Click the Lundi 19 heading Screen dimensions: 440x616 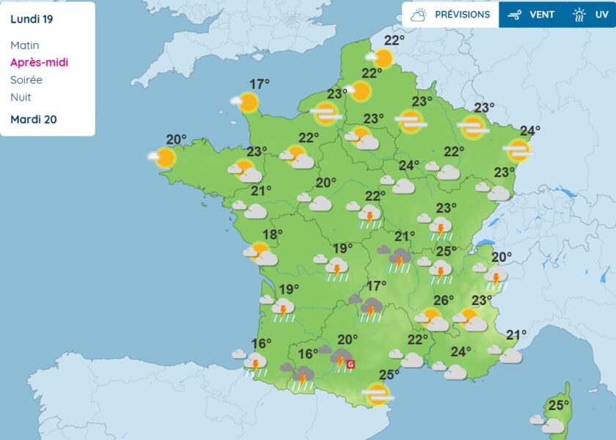(x=32, y=19)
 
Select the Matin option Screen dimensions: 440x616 (x=25, y=45)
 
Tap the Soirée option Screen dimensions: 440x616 (x=26, y=80)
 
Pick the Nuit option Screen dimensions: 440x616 (x=21, y=98)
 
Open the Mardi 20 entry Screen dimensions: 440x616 (x=34, y=119)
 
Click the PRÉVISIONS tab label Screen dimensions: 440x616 (x=462, y=15)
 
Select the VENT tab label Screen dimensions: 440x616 (x=542, y=15)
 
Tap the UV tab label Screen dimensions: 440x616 (x=599, y=15)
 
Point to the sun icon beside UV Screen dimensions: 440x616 (x=579, y=15)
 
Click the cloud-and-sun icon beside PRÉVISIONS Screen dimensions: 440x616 (x=419, y=15)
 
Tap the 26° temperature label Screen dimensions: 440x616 (x=443, y=300)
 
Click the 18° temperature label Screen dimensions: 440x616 (x=273, y=235)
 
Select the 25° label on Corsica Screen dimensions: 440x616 (x=560, y=406)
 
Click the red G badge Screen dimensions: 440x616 (x=351, y=364)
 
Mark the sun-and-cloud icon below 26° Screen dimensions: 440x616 (x=432, y=320)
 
